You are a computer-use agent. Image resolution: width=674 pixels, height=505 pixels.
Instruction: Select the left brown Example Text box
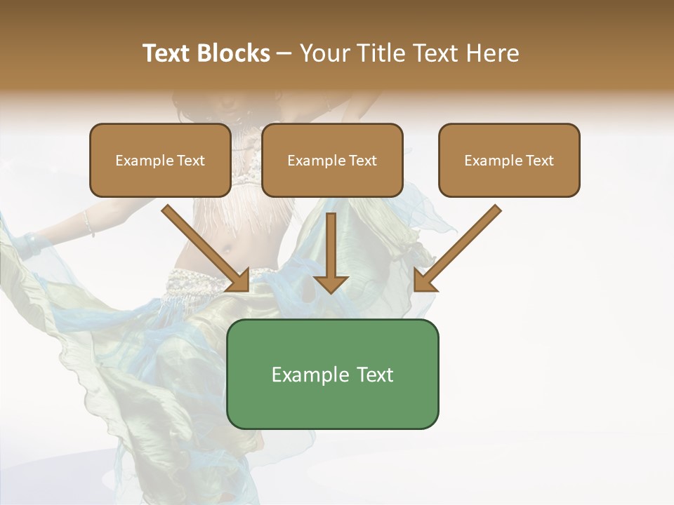[160, 160]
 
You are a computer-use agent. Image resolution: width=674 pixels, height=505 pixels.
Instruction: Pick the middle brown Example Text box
[332, 160]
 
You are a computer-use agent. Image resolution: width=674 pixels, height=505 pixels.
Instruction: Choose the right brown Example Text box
[509, 160]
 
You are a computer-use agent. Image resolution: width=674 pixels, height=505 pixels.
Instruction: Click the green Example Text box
[332, 374]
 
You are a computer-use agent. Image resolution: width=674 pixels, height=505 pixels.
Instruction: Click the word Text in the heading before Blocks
[166, 53]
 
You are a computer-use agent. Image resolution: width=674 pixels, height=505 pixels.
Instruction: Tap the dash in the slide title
[285, 53]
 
